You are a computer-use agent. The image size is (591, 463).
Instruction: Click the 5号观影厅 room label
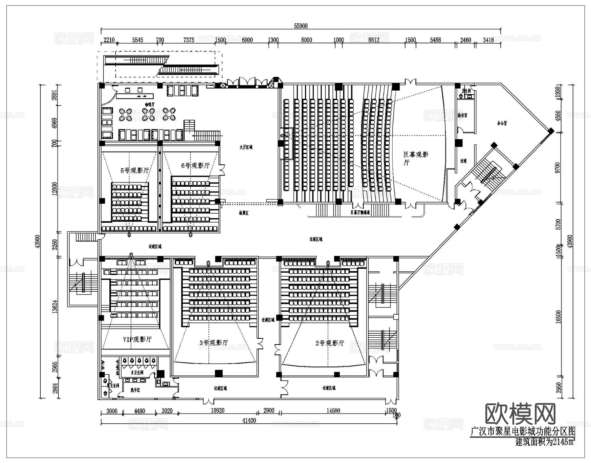coord(135,170)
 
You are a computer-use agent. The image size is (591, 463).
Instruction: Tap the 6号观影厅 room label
coord(195,166)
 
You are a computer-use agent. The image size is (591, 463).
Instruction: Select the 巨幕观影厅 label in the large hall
coord(415,158)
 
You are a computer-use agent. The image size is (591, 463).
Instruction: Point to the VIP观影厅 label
coord(137,339)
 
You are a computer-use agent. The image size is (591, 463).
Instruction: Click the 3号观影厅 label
coord(214,343)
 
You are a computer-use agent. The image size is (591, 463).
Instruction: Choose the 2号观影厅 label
coord(330,343)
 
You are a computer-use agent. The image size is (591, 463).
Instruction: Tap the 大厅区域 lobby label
coord(246,147)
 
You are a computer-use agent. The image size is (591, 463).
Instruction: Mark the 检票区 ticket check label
coord(244,213)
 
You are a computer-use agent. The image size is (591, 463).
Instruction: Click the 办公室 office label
coord(502,123)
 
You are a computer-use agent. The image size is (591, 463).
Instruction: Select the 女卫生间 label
coord(137,373)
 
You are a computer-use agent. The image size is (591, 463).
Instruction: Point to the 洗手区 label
coord(135,390)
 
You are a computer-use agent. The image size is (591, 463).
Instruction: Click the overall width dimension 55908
coord(301,26)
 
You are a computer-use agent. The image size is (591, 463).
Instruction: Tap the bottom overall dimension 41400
coord(249,420)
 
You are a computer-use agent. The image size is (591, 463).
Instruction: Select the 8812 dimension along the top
coord(374,40)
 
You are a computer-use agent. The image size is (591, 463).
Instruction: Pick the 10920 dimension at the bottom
coord(217,410)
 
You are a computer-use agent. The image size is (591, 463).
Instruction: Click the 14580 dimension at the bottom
coord(333,410)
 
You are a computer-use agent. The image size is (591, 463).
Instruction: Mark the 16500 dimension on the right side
coord(558,317)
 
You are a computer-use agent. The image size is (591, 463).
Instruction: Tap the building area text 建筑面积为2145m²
coord(545,442)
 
